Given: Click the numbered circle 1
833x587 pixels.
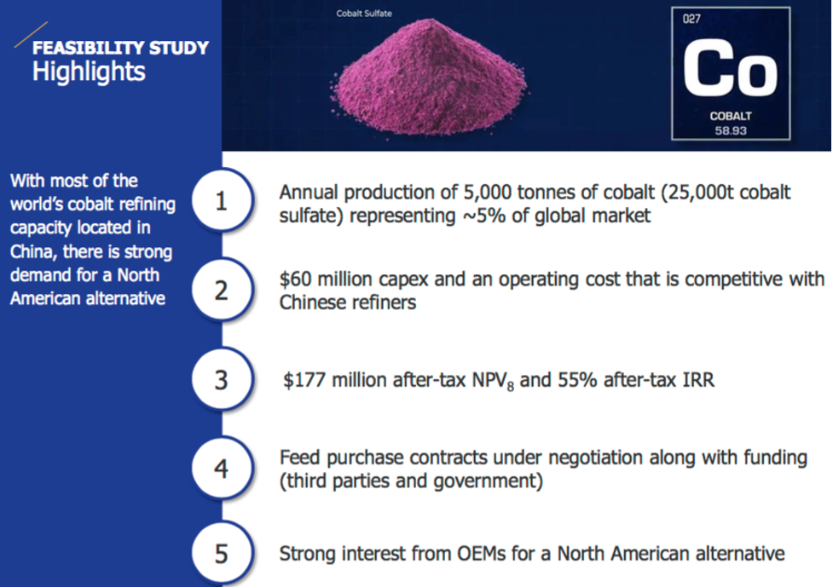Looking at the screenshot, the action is [x=222, y=200].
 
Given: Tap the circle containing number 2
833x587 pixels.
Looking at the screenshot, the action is [x=222, y=290].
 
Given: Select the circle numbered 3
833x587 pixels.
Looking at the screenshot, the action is [x=222, y=379].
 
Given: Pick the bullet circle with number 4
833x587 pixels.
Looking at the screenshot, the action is [x=222, y=468].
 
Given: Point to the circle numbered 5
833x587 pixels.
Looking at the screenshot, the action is [x=222, y=554].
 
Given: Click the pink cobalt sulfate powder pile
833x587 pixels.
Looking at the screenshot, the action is [x=429, y=78].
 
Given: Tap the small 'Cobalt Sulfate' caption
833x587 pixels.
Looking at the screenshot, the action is [x=364, y=14].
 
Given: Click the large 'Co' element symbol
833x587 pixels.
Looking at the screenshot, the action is [x=730, y=70].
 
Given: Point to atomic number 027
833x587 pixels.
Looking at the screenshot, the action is [x=691, y=19].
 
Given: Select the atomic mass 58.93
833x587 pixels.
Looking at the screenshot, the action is [x=731, y=130].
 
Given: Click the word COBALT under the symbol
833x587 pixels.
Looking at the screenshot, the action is [x=731, y=116].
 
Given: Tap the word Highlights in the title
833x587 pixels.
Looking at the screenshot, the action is [x=89, y=72].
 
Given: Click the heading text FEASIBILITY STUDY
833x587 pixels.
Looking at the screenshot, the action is [x=120, y=48].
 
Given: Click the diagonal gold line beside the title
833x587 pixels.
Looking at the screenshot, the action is [x=31, y=34].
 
